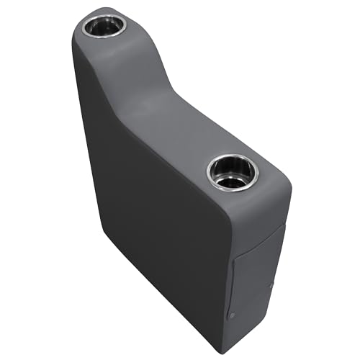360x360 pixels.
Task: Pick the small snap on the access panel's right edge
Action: (271, 285)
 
